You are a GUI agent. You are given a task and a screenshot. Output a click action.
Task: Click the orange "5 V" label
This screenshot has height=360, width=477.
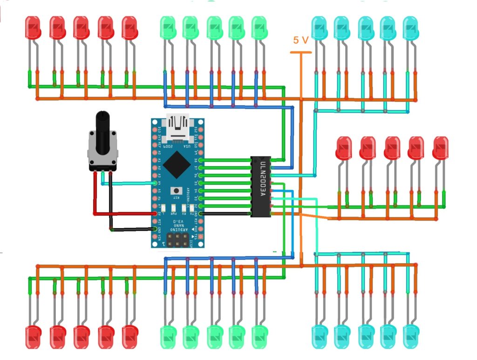(x=301, y=41)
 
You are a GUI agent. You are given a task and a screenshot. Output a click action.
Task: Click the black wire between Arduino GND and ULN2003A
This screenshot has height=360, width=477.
(x=226, y=214)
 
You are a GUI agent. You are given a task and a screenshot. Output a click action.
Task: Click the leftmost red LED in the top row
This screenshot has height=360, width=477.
(x=33, y=28)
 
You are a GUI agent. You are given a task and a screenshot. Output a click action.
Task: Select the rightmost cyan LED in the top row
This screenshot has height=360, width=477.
(x=411, y=28)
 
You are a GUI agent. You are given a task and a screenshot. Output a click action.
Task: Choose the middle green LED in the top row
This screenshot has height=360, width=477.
(x=214, y=28)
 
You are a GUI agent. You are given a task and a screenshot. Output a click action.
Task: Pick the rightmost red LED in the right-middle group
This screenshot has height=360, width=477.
(x=440, y=148)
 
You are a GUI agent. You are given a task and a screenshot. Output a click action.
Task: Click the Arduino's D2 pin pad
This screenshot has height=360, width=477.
(x=201, y=206)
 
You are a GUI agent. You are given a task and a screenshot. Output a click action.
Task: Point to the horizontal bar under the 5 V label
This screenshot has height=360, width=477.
(x=301, y=52)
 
